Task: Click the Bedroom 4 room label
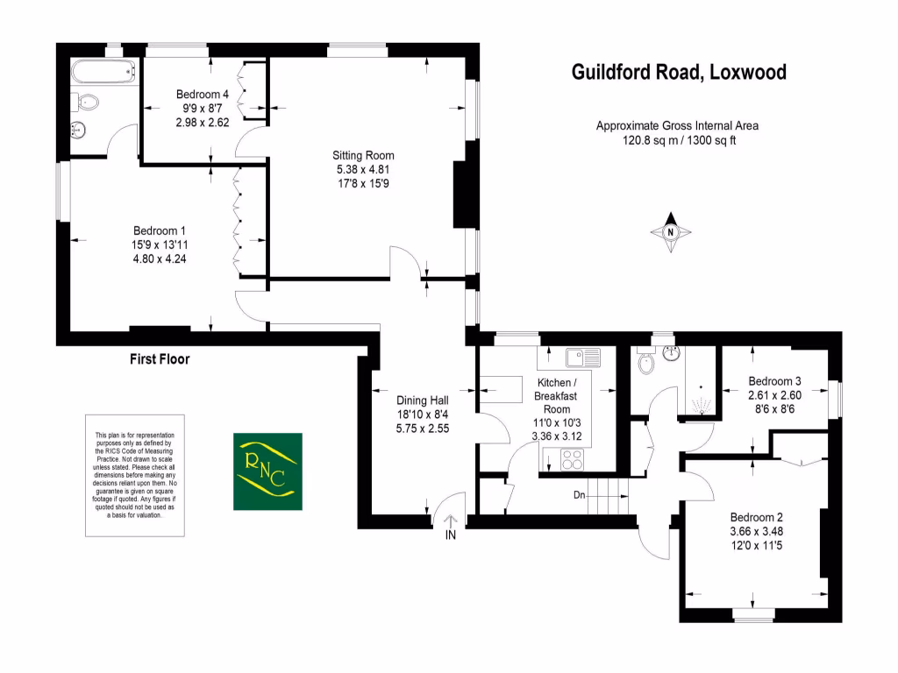click(203, 95)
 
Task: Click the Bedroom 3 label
click(774, 381)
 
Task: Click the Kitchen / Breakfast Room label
click(557, 397)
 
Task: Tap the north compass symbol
click(671, 232)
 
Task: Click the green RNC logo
click(267, 471)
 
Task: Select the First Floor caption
click(159, 358)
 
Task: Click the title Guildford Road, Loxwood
click(679, 72)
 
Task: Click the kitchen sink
click(581, 357)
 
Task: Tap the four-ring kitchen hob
click(572, 459)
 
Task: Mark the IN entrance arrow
click(451, 527)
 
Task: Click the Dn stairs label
click(580, 495)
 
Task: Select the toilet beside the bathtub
click(87, 103)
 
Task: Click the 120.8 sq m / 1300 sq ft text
click(678, 140)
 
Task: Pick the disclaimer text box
click(135, 475)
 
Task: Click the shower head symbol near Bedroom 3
click(701, 404)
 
